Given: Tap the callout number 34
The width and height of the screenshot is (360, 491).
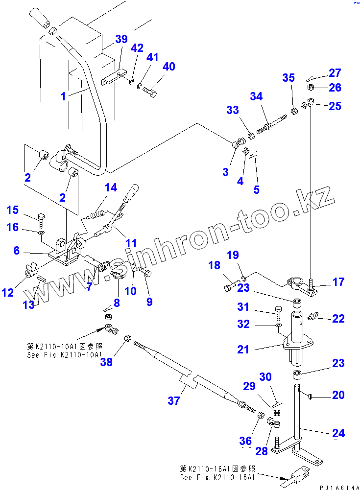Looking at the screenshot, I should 256,97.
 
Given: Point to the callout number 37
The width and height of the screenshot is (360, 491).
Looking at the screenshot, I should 173,401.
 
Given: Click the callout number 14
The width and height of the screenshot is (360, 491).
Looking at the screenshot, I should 111,187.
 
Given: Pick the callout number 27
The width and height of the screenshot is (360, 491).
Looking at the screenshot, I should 335,73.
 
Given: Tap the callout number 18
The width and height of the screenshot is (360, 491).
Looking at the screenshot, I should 214,266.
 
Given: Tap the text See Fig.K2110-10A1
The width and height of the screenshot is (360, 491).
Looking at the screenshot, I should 65,355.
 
